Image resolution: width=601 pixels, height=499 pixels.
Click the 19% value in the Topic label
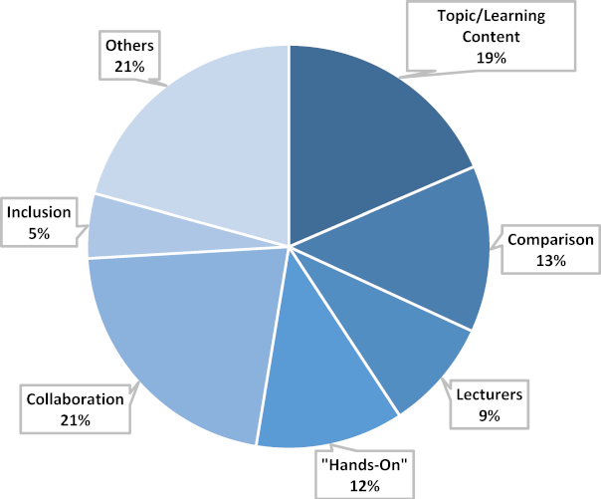491,59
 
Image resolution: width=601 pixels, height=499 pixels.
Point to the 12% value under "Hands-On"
365,485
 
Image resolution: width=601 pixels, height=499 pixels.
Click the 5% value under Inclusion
38,232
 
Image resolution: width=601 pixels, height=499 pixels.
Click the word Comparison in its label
550,240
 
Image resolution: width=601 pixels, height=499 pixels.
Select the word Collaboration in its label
76,400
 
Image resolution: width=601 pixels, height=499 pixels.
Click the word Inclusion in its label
38,212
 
